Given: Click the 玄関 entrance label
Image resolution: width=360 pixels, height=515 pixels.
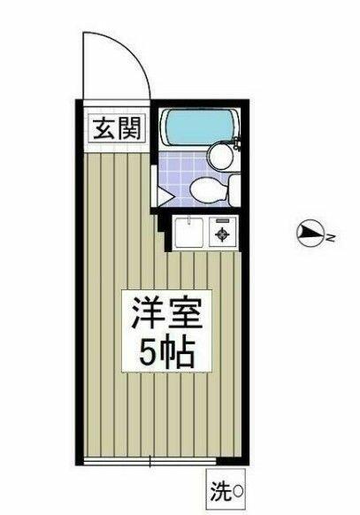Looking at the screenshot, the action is tap(117, 129).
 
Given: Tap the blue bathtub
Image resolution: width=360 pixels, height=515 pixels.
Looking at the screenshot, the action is tap(198, 127).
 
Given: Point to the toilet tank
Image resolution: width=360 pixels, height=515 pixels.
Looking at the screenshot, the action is tap(234, 190).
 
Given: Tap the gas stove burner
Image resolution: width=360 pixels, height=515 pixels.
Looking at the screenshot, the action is tap(222, 234).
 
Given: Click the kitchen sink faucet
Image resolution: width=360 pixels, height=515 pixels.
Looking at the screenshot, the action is tap(189, 220).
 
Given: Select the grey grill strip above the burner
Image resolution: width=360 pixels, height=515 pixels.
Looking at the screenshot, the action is tap(222, 220).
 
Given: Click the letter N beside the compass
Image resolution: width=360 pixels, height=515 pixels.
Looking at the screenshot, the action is tap(331, 237).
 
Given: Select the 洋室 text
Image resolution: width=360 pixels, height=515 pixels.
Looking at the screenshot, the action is tap(166, 312).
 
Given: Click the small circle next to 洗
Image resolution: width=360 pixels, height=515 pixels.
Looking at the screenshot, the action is tap(238, 492).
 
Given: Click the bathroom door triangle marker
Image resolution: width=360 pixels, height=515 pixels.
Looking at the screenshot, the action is tap(165, 196).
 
